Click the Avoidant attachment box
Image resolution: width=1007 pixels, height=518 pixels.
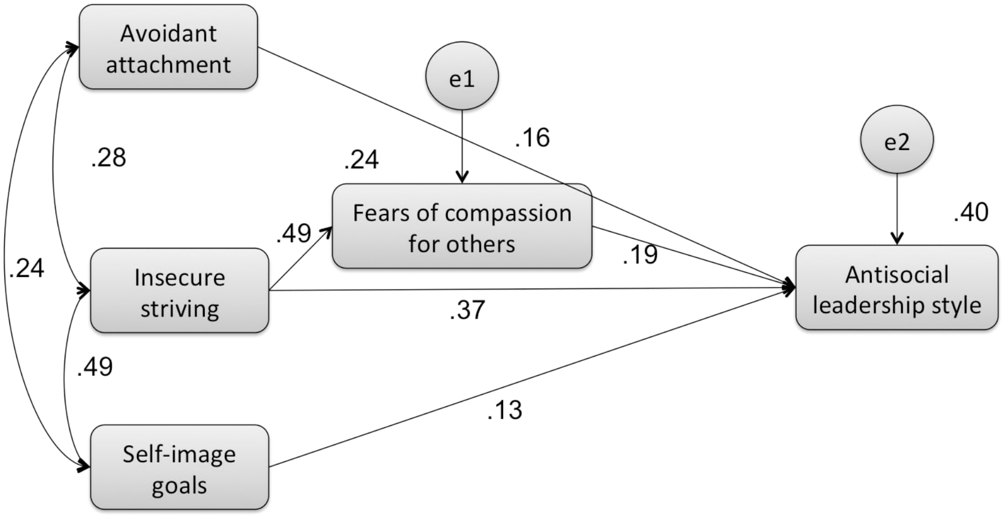pos(168,48)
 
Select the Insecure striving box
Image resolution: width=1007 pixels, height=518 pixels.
pos(179,291)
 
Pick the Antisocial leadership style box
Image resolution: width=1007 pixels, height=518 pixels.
pos(896,288)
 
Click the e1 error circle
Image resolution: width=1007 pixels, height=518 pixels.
pos(462,76)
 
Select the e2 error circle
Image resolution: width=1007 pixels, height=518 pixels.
pos(896,140)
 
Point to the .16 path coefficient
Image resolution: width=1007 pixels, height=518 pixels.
pos(532,137)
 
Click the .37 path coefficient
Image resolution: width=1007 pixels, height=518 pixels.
pos(467,310)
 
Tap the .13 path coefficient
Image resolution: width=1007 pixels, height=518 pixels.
pos(504,410)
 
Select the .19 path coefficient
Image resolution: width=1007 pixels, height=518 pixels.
pos(640,255)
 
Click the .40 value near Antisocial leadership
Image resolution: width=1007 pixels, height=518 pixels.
pos(971,212)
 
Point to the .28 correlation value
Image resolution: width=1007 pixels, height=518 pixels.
pos(108,158)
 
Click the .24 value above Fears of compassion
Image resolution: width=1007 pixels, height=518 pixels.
pos(361,160)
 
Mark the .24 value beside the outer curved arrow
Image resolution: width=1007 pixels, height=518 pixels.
pos(26,268)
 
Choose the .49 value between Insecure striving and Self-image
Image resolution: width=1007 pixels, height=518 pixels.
pos(95,367)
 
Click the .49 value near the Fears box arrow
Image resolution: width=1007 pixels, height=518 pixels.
pos(294,234)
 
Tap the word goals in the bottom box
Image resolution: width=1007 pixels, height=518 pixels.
pos(179,486)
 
